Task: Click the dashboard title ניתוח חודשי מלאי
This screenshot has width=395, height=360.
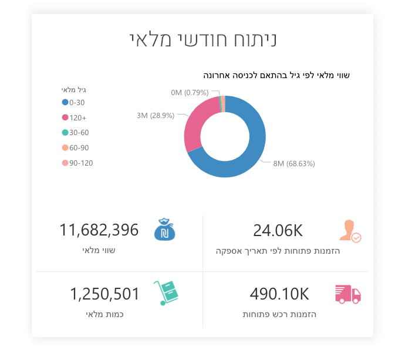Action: click(202, 39)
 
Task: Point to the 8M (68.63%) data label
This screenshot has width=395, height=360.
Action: click(294, 164)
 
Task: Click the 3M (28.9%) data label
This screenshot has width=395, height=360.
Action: click(156, 116)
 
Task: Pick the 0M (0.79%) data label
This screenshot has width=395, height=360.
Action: click(190, 93)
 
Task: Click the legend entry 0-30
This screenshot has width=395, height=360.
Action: click(76, 102)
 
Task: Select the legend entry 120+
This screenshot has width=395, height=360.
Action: click(75, 117)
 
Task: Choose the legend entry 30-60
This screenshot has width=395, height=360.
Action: click(76, 133)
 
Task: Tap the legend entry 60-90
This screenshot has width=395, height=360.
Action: click(76, 148)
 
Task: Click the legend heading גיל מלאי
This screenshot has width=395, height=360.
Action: click(74, 90)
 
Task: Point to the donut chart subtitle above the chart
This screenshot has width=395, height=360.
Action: click(276, 75)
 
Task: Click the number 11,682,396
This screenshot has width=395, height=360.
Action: click(99, 230)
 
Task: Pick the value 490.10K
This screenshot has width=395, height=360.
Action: click(279, 294)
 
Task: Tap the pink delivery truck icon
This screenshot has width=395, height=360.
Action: click(347, 294)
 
